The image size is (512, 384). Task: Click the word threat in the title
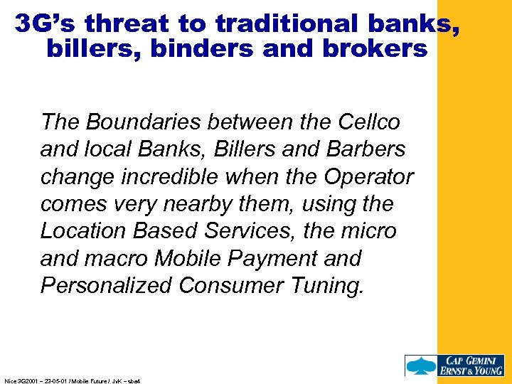click(129, 23)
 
